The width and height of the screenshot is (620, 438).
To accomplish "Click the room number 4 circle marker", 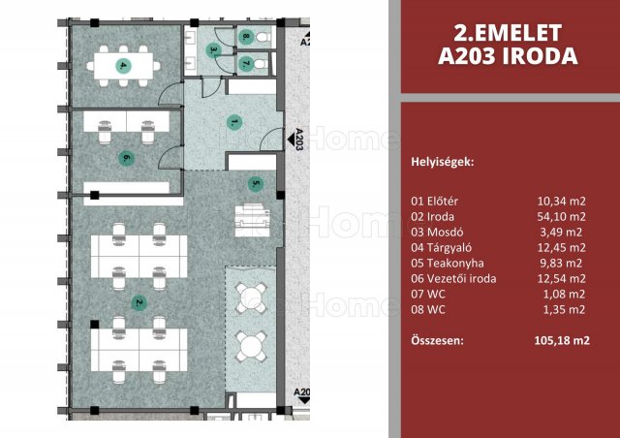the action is point(123,66).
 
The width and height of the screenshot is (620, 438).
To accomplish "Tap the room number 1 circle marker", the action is point(234,122).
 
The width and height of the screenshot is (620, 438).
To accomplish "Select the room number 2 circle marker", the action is point(139,303).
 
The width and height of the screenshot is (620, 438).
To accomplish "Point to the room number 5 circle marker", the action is point(256,183).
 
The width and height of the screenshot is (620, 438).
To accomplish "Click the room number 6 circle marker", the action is point(127,158).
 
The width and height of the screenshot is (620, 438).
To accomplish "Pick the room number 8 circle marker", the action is point(245,37).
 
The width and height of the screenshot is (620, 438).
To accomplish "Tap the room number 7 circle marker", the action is point(245,63).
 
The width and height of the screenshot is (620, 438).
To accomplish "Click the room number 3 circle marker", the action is point(213,50).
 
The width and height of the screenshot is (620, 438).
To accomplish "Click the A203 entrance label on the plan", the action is point(299,140).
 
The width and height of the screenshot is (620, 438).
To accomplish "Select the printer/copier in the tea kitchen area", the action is point(252,220).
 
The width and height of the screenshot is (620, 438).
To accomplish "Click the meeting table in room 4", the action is point(123,66).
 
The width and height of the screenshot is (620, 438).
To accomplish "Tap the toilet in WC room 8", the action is point(263,37).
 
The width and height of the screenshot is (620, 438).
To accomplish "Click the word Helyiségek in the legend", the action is point(443,162).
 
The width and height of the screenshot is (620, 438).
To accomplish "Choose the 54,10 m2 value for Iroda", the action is point(562,216).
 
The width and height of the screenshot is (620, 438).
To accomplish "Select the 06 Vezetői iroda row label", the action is point(453,278).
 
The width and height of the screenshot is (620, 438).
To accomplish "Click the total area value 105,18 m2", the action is point(562,340).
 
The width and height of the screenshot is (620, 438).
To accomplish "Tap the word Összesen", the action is point(437,340).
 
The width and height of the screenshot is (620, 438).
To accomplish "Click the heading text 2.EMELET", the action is point(508,33).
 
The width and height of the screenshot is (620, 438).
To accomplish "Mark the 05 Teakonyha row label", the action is point(448,264).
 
